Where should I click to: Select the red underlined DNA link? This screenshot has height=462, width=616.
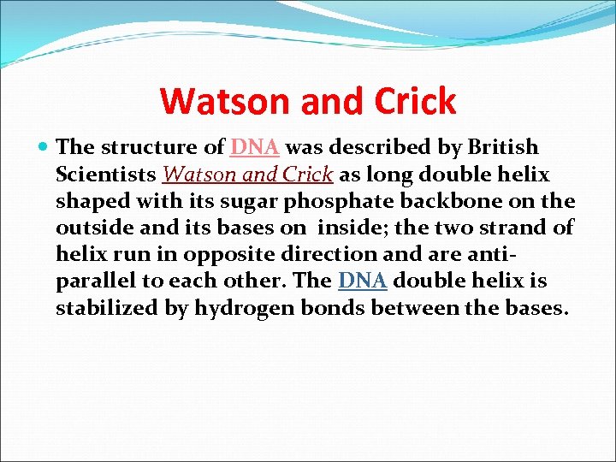pos(255,147)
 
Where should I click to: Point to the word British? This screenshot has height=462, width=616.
pos(501,147)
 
